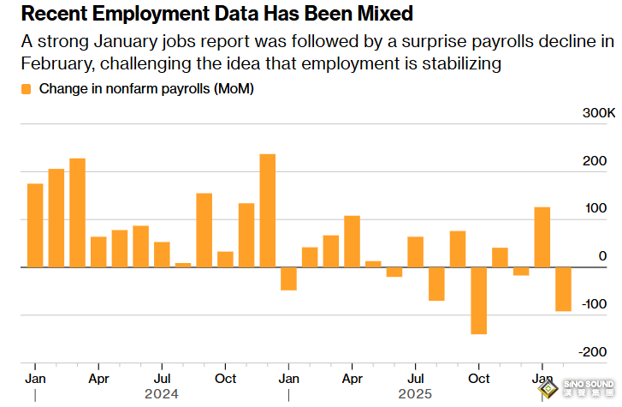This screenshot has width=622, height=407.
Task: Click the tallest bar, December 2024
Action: coord(267,211)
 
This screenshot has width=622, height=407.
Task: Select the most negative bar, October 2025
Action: coord(478,300)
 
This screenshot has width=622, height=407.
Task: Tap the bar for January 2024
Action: coord(35,225)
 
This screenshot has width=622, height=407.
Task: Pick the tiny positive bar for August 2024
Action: coord(183,265)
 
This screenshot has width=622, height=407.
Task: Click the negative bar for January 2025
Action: coord(288,278)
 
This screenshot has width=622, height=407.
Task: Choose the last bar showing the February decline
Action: coord(563,289)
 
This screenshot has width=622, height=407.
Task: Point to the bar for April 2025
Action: coord(352,242)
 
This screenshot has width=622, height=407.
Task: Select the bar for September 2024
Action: coord(204,230)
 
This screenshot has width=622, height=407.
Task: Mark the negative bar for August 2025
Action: coord(436,284)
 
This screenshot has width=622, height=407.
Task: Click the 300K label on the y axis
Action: coord(598,114)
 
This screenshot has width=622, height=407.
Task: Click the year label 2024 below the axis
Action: coord(161,394)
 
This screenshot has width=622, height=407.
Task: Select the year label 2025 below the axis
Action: coord(415,394)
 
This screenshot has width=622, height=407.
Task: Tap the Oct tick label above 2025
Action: coord(479,378)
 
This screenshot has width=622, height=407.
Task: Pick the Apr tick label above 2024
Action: coord(98,378)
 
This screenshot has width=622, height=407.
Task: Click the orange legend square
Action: coord(26,89)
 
